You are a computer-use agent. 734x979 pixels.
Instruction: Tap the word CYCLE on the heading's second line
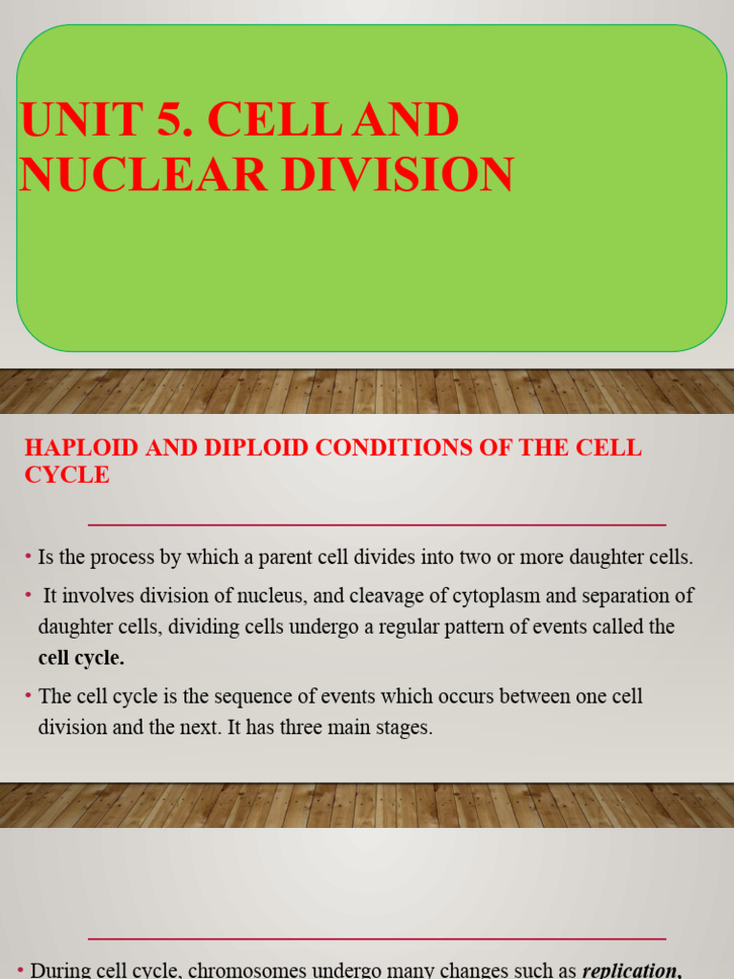[67, 474]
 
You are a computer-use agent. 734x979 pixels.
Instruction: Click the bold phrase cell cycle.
[81, 658]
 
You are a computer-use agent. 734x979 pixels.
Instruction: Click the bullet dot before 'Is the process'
[29, 556]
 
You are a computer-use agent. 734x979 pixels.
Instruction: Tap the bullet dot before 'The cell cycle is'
[29, 695]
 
